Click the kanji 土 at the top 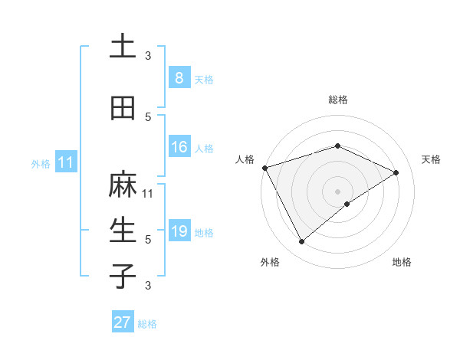tap(123, 47)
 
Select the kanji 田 tap(123, 108)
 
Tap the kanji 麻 tap(123, 185)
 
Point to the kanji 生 tap(123, 231)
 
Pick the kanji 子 tap(123, 276)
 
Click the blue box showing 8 tap(179, 78)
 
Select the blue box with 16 tap(179, 147)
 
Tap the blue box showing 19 tap(179, 231)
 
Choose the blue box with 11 tap(65, 162)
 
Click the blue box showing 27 tap(122, 322)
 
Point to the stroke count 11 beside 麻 tap(148, 193)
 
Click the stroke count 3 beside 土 tap(148, 55)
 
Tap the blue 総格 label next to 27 tap(147, 324)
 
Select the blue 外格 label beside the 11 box tap(41, 163)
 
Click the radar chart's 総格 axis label tap(337, 100)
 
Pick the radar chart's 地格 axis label tap(402, 262)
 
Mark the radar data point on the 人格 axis tap(264, 168)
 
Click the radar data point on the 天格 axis tap(396, 172)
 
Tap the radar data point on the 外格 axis tap(301, 242)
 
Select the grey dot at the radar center tap(337, 191)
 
